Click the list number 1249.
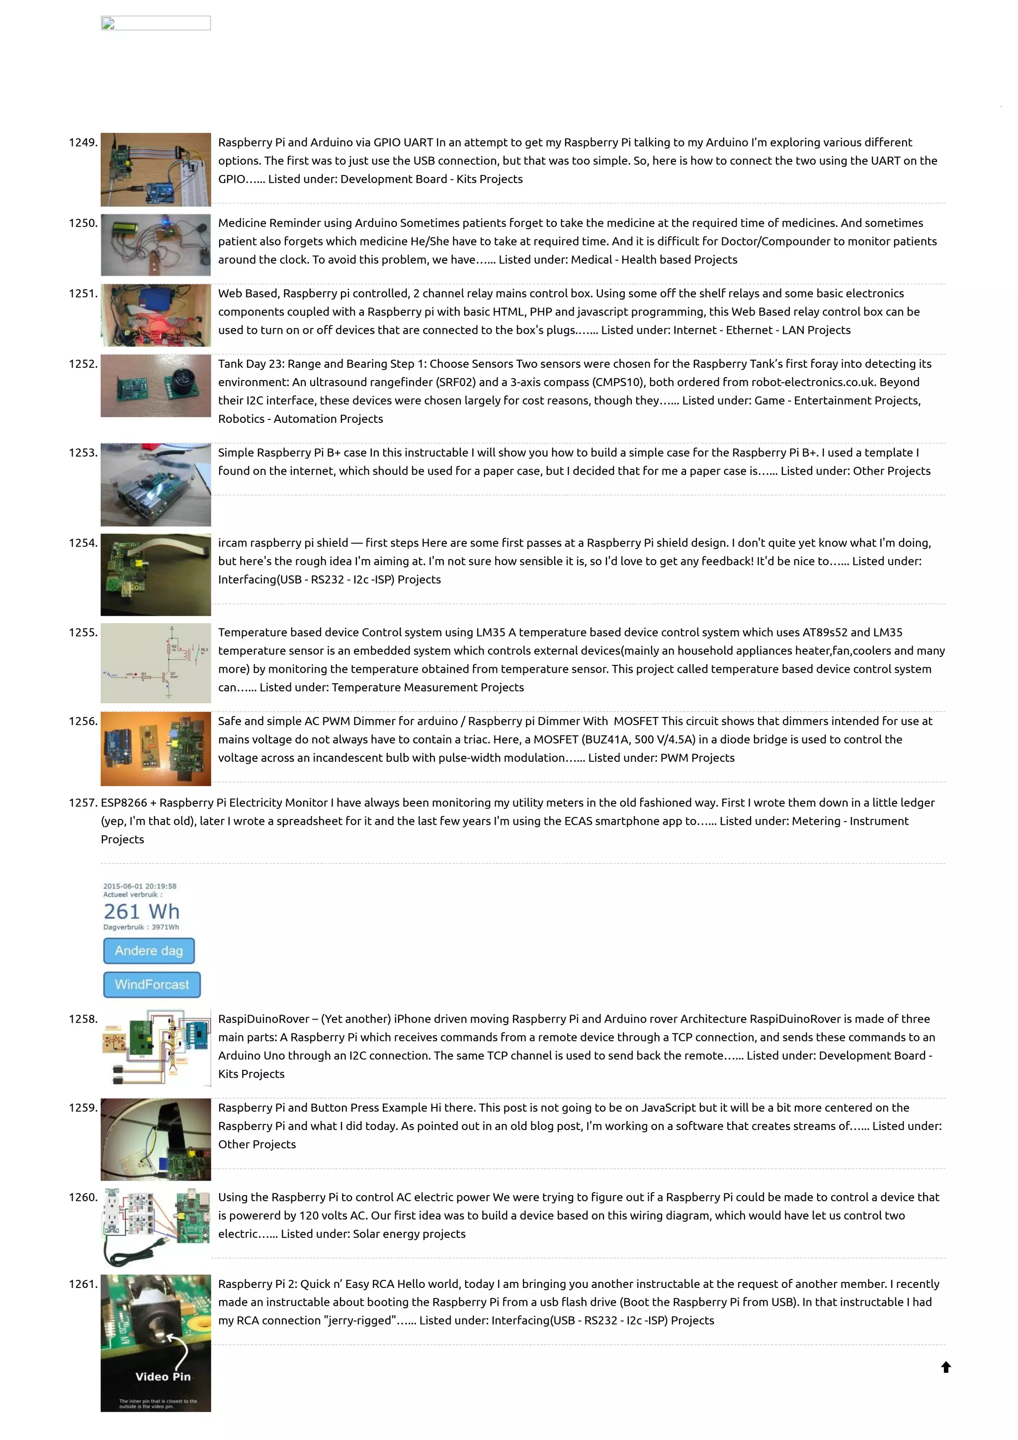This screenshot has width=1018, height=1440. coord(83,143)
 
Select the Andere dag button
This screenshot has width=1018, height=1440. coord(149,951)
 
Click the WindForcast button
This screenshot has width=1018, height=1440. coord(152,985)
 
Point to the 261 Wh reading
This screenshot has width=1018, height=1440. coord(142,911)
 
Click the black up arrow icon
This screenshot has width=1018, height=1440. coord(946,1367)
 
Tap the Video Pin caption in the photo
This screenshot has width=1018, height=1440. coord(163,1377)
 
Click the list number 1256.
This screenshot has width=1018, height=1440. coord(83,721)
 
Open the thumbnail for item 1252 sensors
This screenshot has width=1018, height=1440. coord(156,386)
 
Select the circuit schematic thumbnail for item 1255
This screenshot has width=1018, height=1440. coord(156,663)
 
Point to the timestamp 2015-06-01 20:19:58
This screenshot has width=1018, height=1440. coord(140,886)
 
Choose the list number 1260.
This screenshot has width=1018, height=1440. coord(83,1198)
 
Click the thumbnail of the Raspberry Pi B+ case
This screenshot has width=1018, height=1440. coord(156,485)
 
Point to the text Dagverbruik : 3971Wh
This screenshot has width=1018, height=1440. coord(141,927)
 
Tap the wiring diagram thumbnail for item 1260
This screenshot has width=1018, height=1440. coord(156,1226)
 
